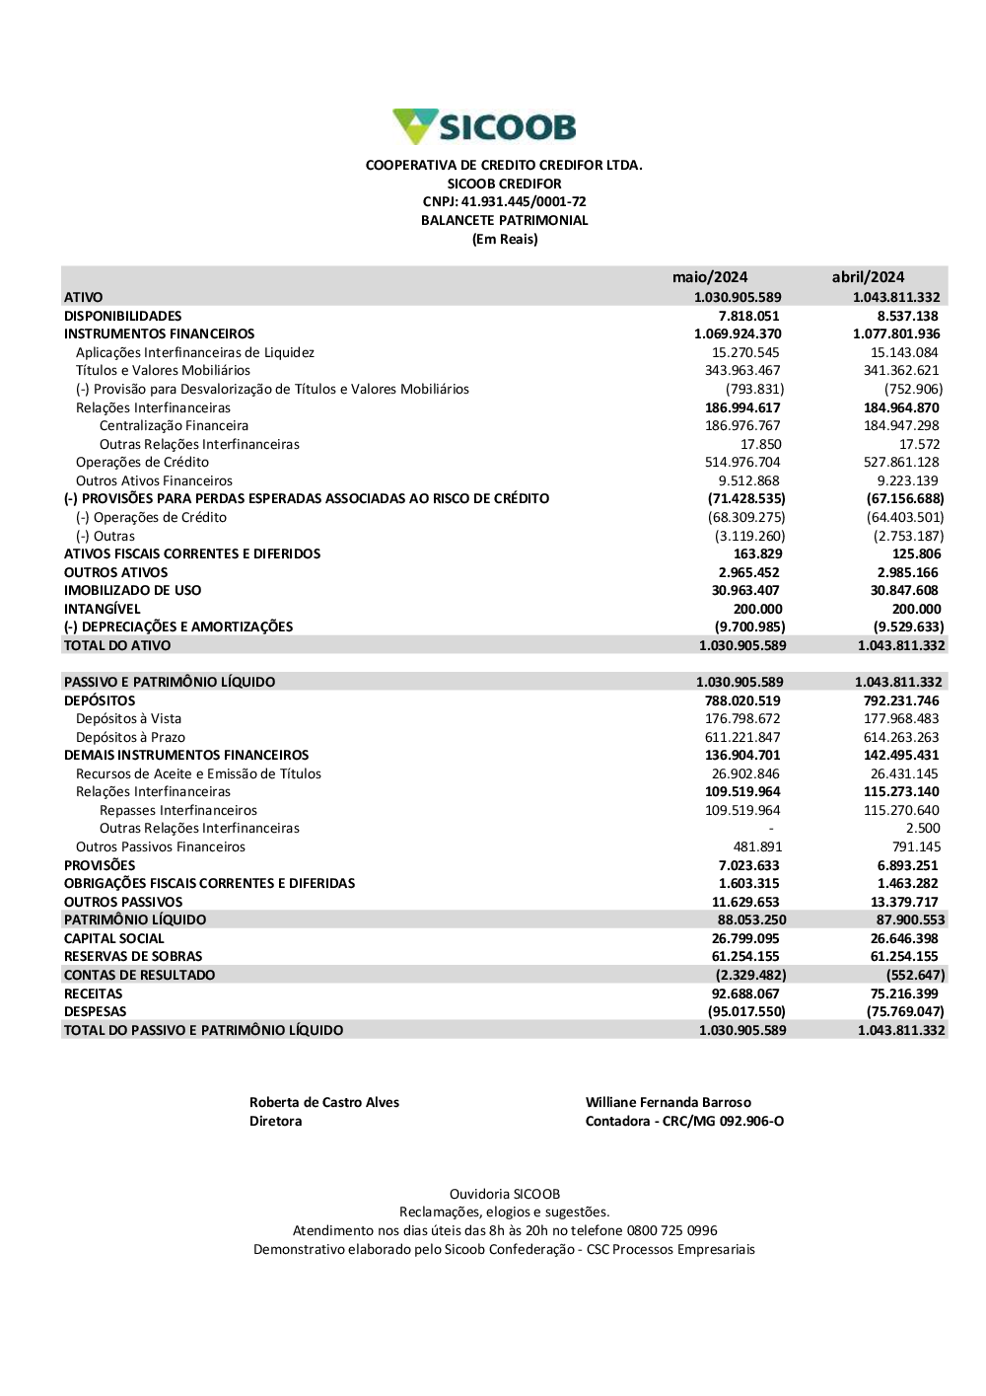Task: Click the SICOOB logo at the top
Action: pos(484,127)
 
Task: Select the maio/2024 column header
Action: pos(710,277)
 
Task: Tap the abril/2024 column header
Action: pos(868,277)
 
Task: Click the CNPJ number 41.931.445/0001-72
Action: pos(524,202)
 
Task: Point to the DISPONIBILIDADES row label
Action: pos(123,316)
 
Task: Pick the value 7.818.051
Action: pos(748,316)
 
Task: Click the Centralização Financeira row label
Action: pos(174,426)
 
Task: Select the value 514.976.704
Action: pos(742,463)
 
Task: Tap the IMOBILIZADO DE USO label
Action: pos(132,591)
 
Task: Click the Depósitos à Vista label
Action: pos(128,719)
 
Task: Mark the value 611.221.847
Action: pos(742,738)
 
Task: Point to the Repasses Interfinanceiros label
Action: pos(178,811)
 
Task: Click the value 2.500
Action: pos(923,829)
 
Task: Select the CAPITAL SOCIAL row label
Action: pos(114,939)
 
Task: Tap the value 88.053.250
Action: pos(751,920)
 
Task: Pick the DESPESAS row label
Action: pos(96,1012)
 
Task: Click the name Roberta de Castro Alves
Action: pos(324,1103)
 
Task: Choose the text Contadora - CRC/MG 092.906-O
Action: pos(684,1122)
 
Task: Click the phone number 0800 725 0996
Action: pos(672,1231)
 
